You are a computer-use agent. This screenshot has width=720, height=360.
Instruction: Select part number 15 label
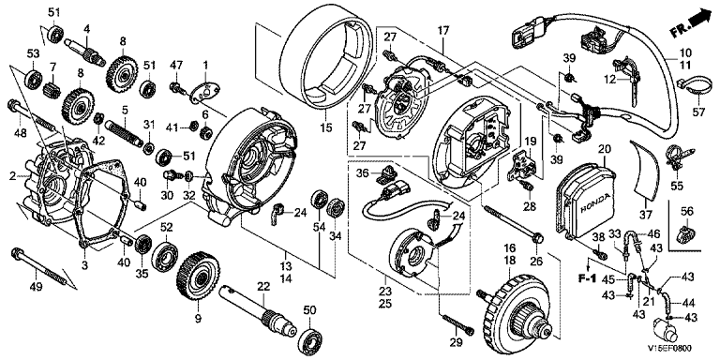click(x=326, y=128)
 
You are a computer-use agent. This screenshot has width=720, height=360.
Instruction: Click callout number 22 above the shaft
click(x=262, y=287)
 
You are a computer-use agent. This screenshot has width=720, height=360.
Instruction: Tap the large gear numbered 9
click(x=199, y=277)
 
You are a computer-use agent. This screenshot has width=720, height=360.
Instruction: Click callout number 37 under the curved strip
click(x=646, y=215)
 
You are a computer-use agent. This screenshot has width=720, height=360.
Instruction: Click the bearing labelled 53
click(x=33, y=79)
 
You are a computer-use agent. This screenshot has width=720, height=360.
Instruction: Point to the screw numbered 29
click(x=457, y=323)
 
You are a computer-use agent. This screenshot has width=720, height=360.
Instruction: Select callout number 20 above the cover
click(x=606, y=148)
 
